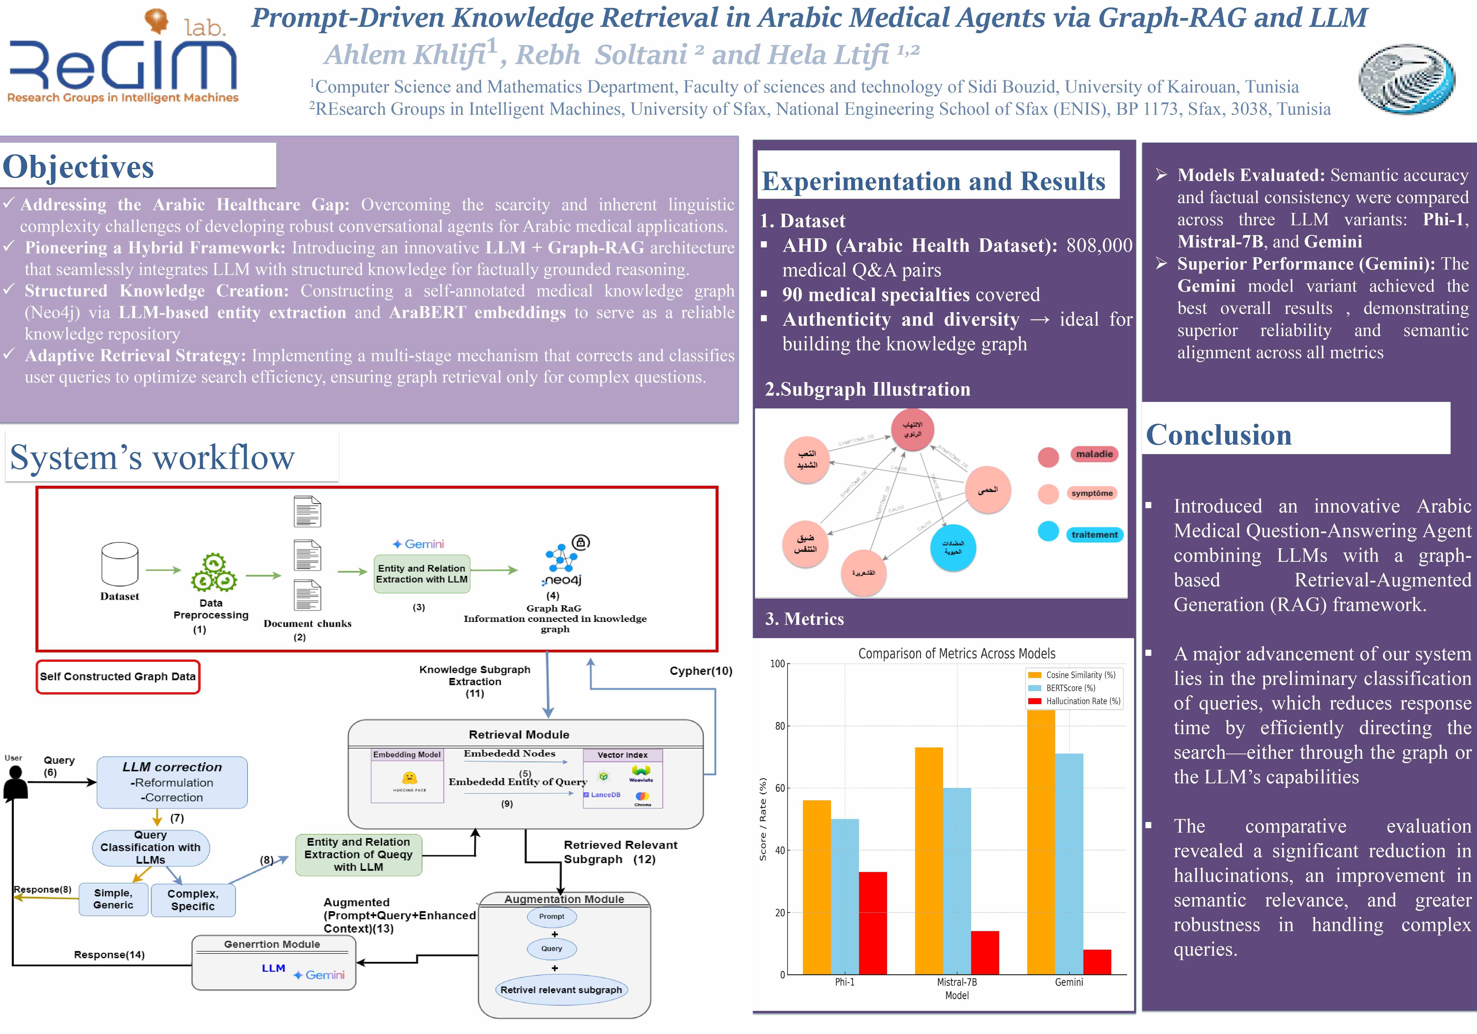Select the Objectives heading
pyautogui.click(x=79, y=167)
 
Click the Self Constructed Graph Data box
pyautogui.click(x=118, y=676)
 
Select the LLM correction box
pyautogui.click(x=172, y=782)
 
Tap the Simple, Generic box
pyautogui.click(x=113, y=899)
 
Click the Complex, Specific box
pyautogui.click(x=193, y=900)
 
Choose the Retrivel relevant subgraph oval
pyautogui.click(x=561, y=990)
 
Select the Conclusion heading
pyautogui.click(x=1218, y=435)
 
